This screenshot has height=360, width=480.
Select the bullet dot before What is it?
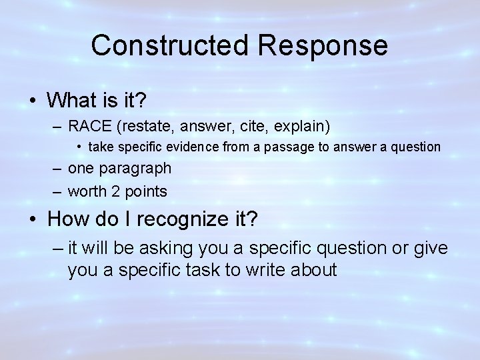pyautogui.click(x=33, y=101)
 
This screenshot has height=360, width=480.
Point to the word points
pyautogui.click(x=145, y=191)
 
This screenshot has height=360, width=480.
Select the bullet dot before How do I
pyautogui.click(x=33, y=219)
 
